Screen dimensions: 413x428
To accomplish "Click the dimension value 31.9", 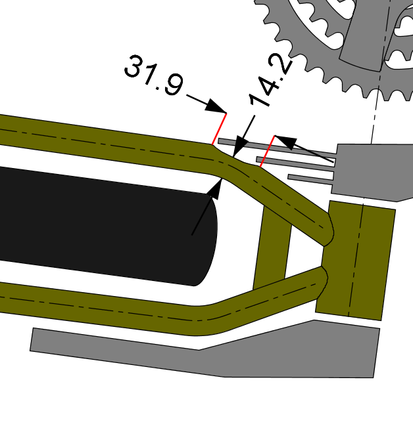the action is pos(154,75).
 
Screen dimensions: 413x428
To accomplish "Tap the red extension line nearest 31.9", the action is pos(219,129).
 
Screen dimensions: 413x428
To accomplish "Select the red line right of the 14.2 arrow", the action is pos(267,151).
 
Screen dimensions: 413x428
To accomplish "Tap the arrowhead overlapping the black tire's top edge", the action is pos(216,188).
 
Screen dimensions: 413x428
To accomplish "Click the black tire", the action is pos(107,226).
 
